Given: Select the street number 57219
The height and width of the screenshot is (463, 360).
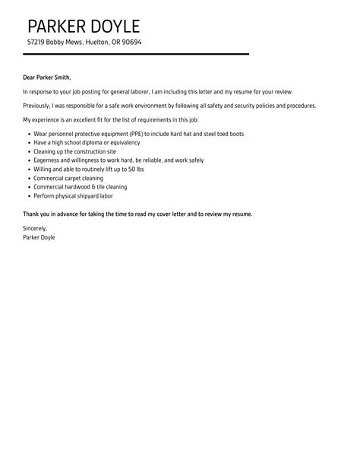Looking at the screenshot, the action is [x=37, y=43].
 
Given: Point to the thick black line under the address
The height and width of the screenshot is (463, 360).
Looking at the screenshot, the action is [x=136, y=54].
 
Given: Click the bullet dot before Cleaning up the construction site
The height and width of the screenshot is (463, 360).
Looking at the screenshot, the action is [x=28, y=151].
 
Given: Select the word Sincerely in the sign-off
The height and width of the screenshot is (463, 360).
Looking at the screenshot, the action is [x=35, y=229].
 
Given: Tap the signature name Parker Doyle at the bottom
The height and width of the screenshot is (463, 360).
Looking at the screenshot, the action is [x=39, y=237].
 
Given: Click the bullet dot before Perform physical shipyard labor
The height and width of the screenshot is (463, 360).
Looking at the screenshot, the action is [x=28, y=196].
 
